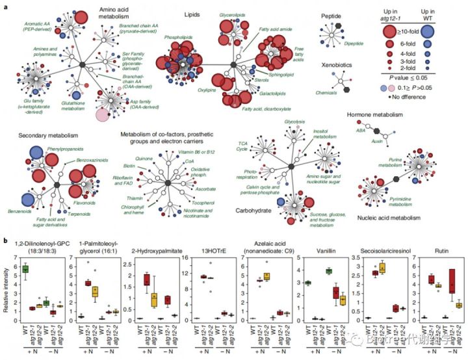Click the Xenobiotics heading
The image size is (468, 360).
click(338, 65)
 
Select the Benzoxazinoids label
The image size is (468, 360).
click(92, 158)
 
